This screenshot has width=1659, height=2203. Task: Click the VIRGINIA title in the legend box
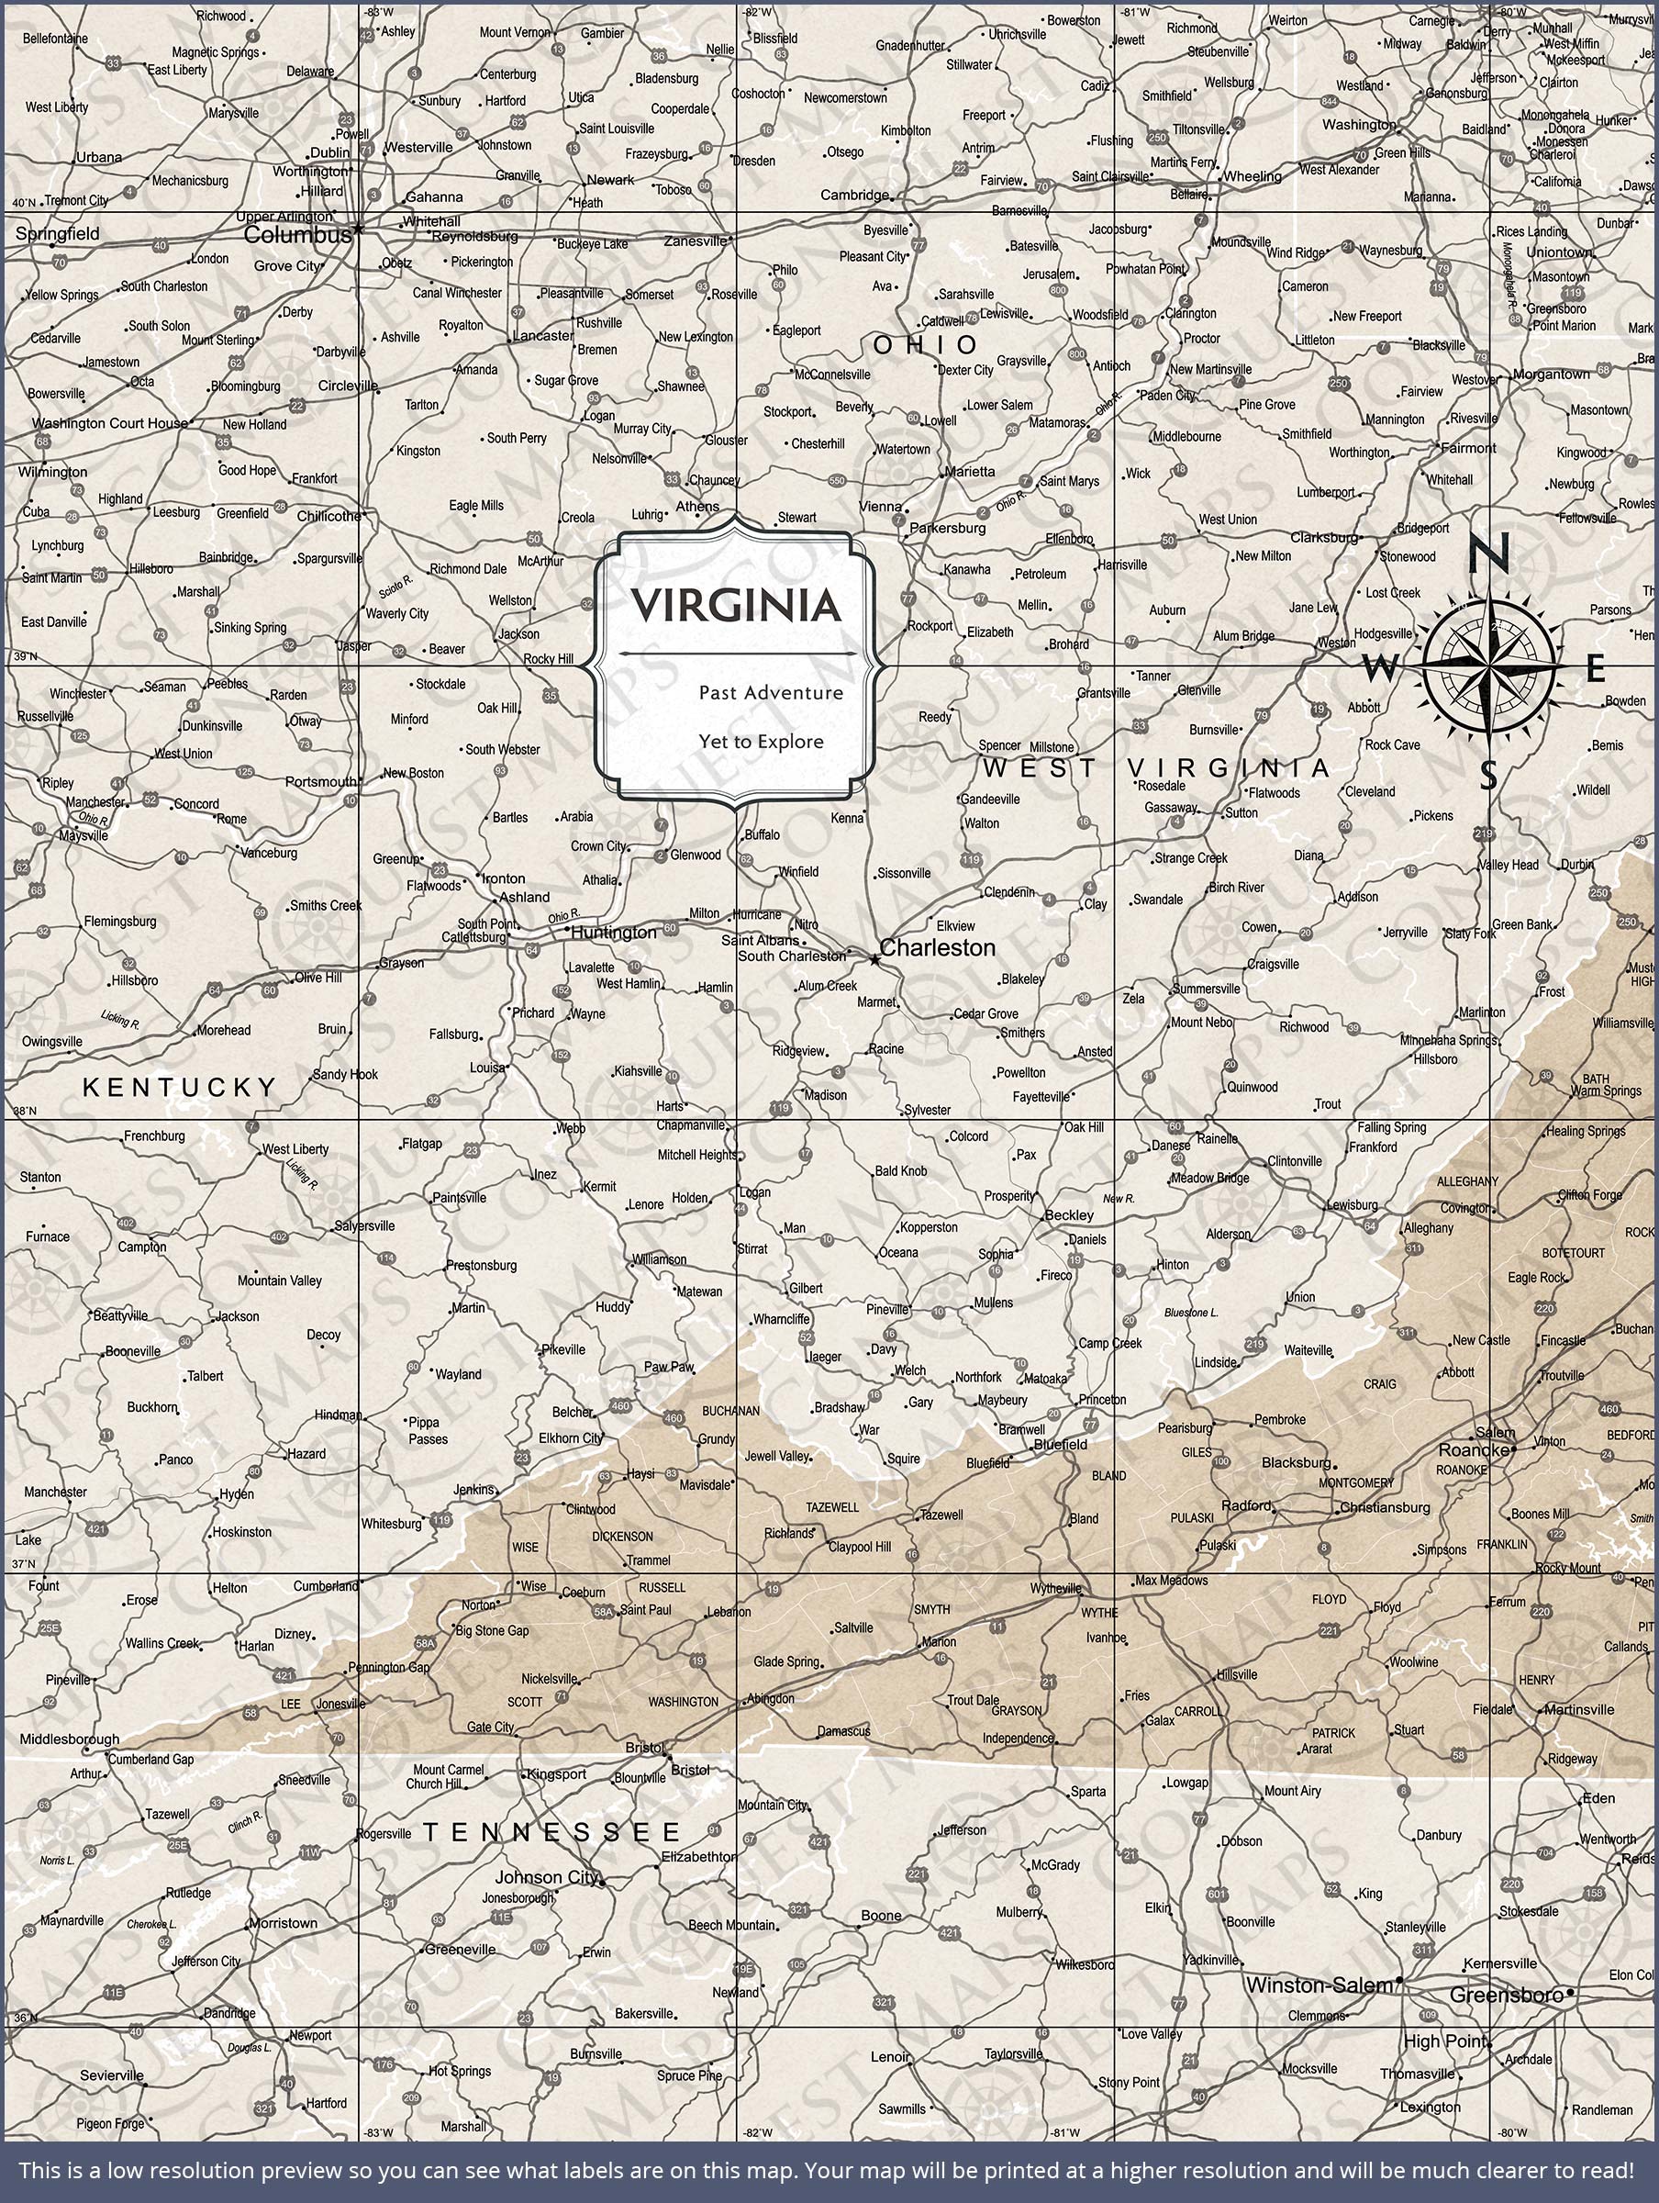click(x=735, y=606)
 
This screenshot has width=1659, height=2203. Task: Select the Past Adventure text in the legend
click(x=771, y=692)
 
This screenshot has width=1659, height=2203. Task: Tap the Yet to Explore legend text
click(x=761, y=742)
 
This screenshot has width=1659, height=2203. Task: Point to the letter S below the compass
click(x=1488, y=774)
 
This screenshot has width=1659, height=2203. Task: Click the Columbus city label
click(x=296, y=235)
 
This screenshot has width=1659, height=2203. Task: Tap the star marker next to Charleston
click(x=874, y=960)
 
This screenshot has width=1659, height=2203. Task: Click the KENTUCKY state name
click(x=179, y=1088)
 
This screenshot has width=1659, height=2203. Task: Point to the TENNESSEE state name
click(x=552, y=1831)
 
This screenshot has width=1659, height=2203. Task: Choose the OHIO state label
click(x=926, y=344)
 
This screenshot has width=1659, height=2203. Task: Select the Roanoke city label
click(x=1474, y=1450)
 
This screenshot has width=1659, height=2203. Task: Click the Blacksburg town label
click(x=1296, y=1463)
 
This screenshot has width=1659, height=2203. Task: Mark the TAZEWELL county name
click(x=832, y=1507)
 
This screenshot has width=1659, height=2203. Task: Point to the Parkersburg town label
click(x=948, y=528)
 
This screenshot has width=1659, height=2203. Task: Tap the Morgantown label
click(x=1551, y=375)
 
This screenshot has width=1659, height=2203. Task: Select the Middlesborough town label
click(x=70, y=1739)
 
